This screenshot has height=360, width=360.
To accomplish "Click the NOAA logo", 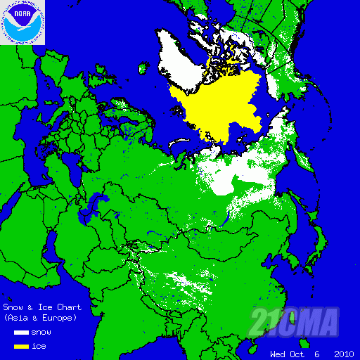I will [22, 22].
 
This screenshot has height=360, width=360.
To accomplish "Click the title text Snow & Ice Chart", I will [42, 307].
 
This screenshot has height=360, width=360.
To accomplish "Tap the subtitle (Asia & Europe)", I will [40, 318].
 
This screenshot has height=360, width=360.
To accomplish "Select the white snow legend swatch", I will [21, 332].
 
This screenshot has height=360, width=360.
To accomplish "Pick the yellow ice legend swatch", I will [21, 346].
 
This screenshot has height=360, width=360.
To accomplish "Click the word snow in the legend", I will [41, 332].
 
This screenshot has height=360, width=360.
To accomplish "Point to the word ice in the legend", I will [39, 346].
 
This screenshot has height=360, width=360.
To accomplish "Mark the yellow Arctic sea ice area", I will [218, 105].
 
